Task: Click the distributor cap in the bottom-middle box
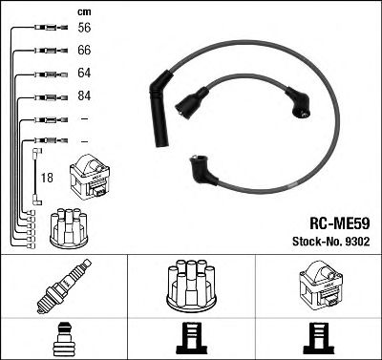[190, 284]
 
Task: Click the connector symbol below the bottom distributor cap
[190, 338]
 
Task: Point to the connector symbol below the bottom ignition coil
[320, 338]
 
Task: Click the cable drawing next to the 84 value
[46, 96]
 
